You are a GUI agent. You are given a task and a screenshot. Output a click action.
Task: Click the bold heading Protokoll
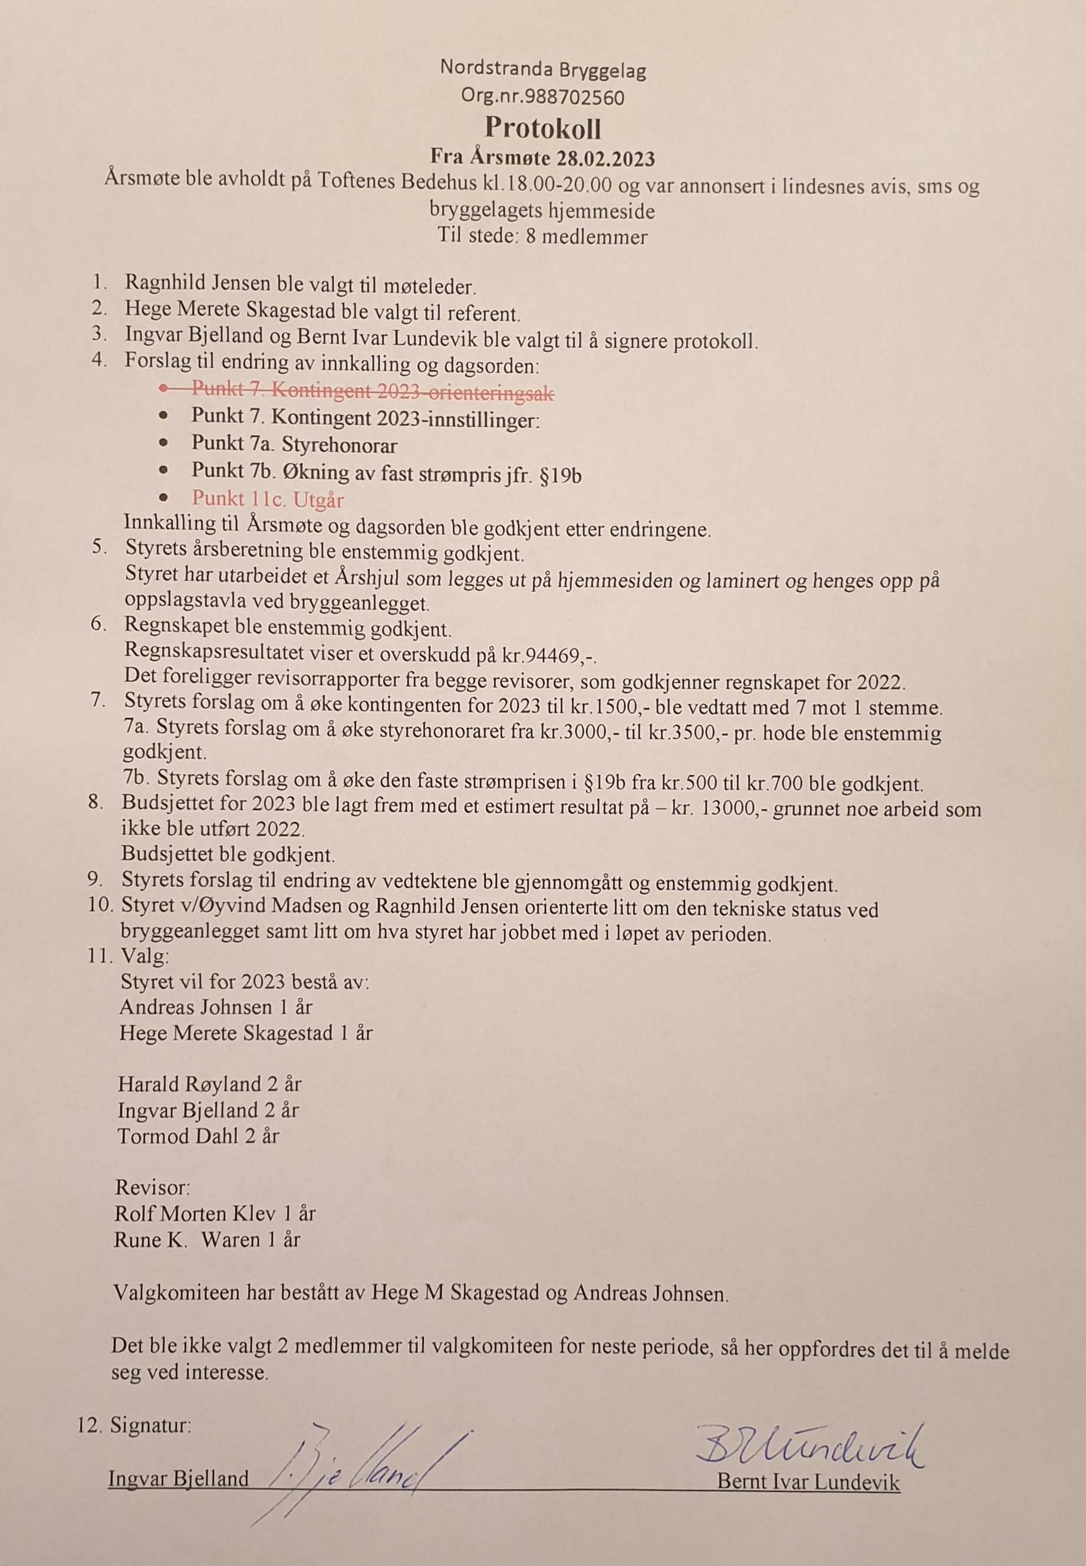pyautogui.click(x=542, y=128)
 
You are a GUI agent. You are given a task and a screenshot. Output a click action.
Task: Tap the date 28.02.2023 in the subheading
pyautogui.click(x=605, y=159)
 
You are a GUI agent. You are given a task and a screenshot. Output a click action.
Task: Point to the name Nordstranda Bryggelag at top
pyautogui.click(x=542, y=69)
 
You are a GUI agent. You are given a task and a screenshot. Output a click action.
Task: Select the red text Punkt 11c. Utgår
pyautogui.click(x=268, y=499)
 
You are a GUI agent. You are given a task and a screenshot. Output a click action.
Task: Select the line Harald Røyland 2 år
pyautogui.click(x=209, y=1084)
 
